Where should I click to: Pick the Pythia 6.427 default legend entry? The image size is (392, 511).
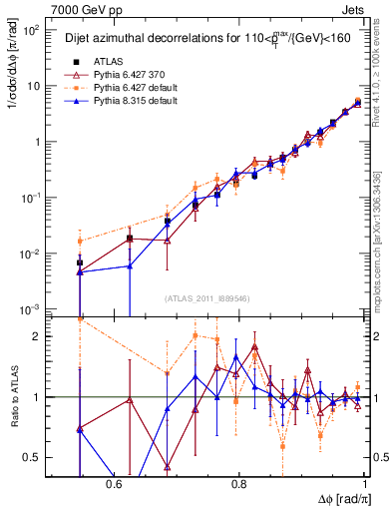[x=129, y=87]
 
